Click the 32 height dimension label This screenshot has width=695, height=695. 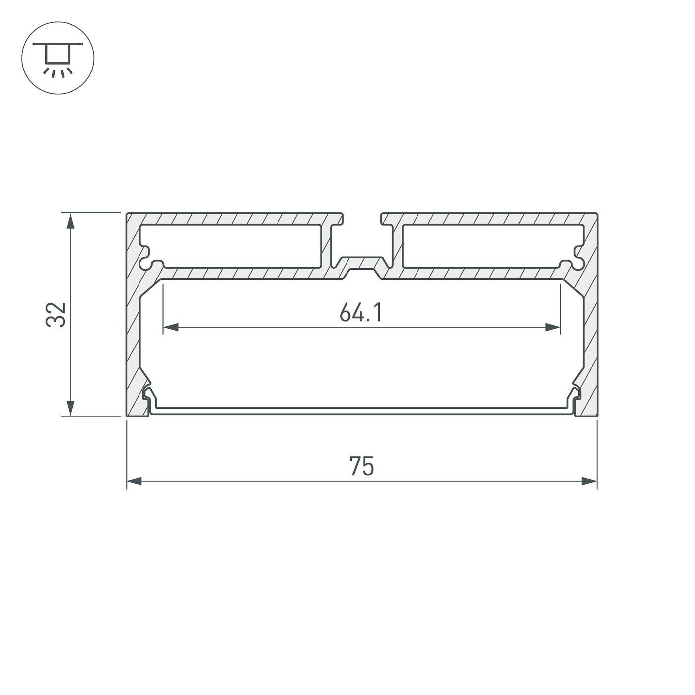[x=56, y=314]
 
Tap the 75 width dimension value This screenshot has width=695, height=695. [x=361, y=467]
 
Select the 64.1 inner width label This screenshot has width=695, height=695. [x=361, y=313]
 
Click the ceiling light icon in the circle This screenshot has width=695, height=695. [x=58, y=58]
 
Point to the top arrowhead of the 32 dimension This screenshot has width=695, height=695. [x=71, y=221]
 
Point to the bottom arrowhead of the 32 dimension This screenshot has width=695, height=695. [x=71, y=408]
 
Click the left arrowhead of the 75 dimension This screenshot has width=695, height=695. [x=135, y=481]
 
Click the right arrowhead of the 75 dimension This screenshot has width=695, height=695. [x=589, y=481]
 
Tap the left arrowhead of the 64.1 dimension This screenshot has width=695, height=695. [x=171, y=327]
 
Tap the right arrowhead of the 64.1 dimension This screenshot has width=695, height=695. [x=553, y=327]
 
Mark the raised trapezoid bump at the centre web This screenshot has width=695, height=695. [x=361, y=263]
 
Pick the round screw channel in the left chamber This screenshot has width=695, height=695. [x=147, y=261]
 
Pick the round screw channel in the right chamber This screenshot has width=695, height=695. [x=576, y=261]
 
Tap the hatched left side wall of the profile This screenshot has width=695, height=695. [x=133, y=338]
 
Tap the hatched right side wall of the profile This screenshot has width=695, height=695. [x=590, y=338]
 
